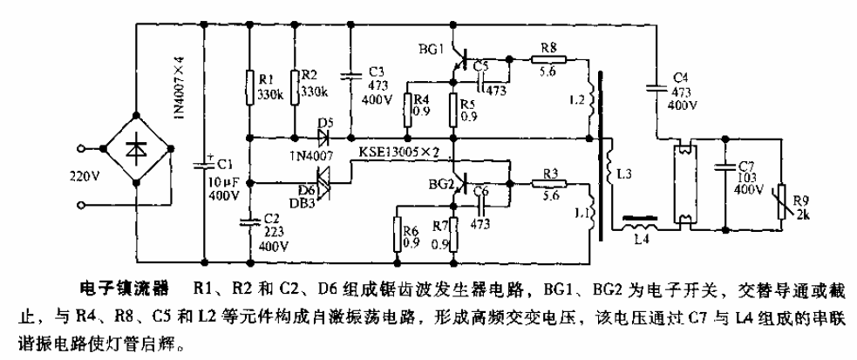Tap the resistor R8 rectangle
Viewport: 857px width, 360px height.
click(550, 61)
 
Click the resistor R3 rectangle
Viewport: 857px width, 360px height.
click(549, 184)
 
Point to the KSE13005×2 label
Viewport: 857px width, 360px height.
click(400, 153)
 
